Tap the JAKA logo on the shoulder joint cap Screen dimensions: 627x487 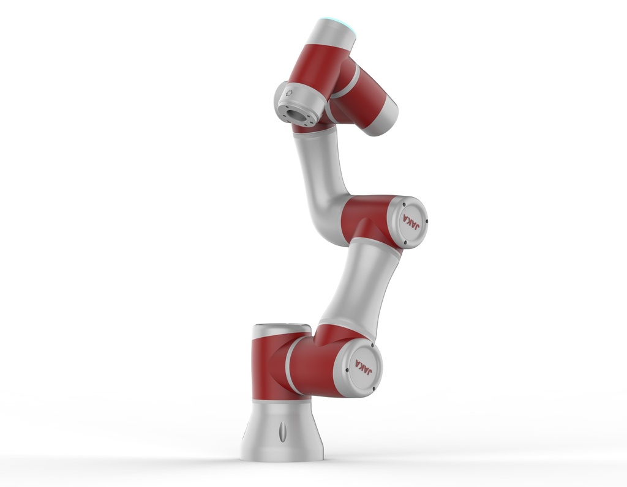tap(363, 366)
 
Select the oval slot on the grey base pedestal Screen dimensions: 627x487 tap(282, 431)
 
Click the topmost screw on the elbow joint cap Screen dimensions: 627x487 tap(404, 204)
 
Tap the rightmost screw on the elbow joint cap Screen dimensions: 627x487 tap(427, 221)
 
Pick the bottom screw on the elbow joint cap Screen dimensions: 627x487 tap(405, 242)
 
